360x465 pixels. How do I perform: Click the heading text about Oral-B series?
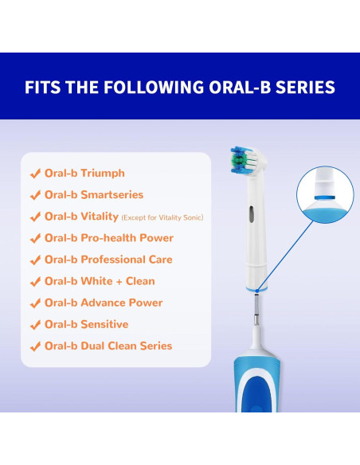click(x=179, y=86)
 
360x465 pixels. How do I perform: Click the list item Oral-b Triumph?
click(x=84, y=173)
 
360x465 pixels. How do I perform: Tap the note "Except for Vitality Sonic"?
click(x=162, y=217)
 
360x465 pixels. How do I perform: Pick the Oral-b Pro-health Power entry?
click(x=108, y=238)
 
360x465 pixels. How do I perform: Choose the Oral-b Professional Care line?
click(x=108, y=260)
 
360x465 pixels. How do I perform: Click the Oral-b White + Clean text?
click(x=100, y=281)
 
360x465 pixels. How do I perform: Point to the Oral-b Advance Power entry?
click(x=104, y=303)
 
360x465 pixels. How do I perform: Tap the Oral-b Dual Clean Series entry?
click(x=108, y=346)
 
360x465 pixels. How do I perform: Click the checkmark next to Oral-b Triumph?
click(x=35, y=173)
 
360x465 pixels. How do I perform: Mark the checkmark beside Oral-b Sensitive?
click(x=35, y=324)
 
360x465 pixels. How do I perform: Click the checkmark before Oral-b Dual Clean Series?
click(x=35, y=346)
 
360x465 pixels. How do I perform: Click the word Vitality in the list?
click(x=100, y=217)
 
